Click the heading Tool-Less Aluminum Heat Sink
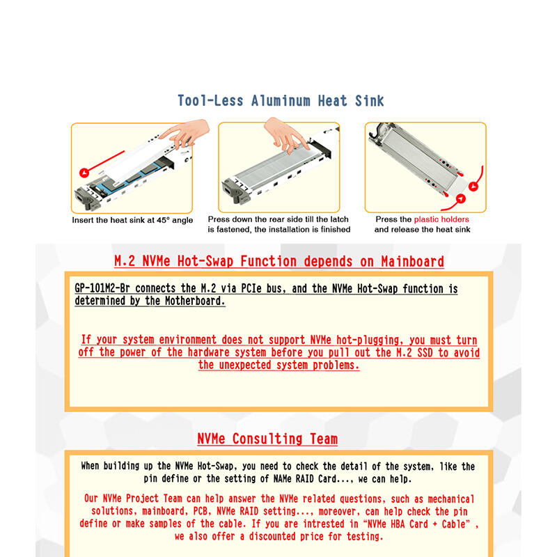click(281, 101)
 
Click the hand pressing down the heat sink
click(285, 136)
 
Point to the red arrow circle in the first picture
click(84, 173)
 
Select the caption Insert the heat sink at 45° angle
click(132, 220)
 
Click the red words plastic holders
click(441, 219)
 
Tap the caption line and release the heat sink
click(422, 230)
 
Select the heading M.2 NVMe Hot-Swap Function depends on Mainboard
click(279, 262)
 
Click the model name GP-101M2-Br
click(102, 288)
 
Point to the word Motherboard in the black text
click(195, 301)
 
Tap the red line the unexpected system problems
click(279, 365)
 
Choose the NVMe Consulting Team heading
click(267, 439)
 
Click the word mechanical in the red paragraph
click(450, 499)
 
